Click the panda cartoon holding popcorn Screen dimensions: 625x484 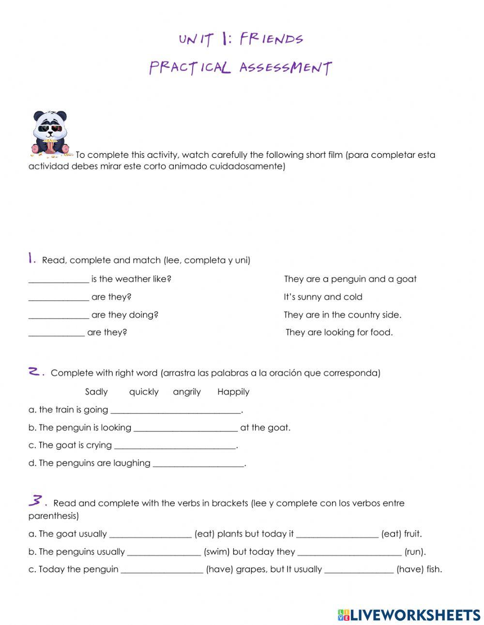point(50,134)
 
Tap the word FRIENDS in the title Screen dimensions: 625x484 point(271,39)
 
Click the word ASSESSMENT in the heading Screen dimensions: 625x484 point(286,67)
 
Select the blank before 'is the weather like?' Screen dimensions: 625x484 point(59,279)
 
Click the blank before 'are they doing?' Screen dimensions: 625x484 point(59,315)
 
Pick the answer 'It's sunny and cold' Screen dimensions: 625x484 point(323,297)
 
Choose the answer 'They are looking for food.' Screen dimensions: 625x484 point(339,333)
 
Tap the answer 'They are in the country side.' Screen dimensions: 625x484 point(342,315)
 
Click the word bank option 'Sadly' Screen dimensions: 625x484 point(96,392)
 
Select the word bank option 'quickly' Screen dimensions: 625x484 point(144,392)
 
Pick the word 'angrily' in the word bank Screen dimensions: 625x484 point(187,392)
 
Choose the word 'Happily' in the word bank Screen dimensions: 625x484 point(233,392)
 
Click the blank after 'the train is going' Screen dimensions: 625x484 point(176,410)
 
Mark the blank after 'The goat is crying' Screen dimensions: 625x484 point(175,445)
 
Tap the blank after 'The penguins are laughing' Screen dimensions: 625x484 point(198,463)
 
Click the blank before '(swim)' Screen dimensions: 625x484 point(164,552)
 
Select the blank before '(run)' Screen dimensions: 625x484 point(349,552)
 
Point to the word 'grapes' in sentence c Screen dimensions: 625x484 point(251,569)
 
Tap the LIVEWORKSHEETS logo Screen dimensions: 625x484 point(409,615)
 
